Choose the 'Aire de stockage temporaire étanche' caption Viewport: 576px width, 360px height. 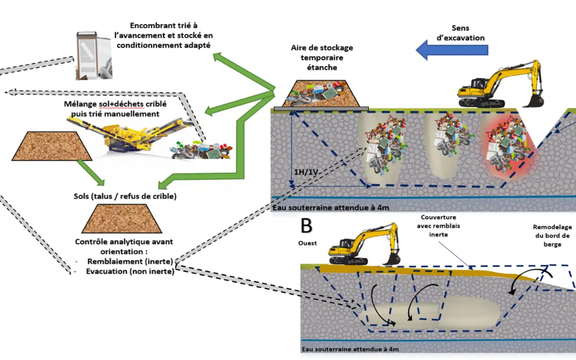point(322,58)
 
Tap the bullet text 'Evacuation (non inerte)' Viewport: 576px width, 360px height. point(130,270)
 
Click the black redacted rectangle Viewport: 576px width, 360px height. point(147,333)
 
